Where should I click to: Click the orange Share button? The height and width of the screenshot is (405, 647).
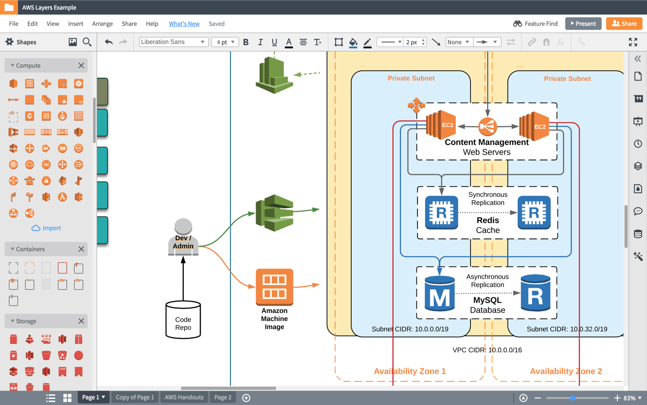click(624, 23)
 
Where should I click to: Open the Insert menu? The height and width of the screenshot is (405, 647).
click(75, 24)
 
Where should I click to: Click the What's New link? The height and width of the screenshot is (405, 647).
click(184, 24)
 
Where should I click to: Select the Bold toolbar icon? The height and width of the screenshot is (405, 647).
click(246, 42)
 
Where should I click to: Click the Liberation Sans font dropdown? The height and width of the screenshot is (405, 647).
click(173, 42)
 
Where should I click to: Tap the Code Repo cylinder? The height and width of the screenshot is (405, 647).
click(183, 320)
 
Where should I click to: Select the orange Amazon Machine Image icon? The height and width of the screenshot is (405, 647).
click(274, 287)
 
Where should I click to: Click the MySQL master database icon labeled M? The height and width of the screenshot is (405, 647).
click(439, 294)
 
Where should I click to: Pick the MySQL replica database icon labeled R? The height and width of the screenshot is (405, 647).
click(535, 293)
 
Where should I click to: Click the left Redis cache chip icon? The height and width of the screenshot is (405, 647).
click(441, 212)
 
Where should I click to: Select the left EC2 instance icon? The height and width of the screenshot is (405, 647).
click(441, 125)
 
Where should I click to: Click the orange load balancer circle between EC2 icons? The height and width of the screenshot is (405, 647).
click(487, 126)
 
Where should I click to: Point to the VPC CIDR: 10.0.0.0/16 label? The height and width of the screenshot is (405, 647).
click(487, 350)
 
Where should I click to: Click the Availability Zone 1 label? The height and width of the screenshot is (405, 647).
click(410, 371)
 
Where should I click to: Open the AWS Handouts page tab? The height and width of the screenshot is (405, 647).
click(184, 397)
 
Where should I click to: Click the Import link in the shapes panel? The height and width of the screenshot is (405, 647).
click(46, 228)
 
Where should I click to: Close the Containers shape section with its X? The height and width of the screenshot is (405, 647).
click(81, 249)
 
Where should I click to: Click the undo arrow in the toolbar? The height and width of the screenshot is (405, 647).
click(108, 42)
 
